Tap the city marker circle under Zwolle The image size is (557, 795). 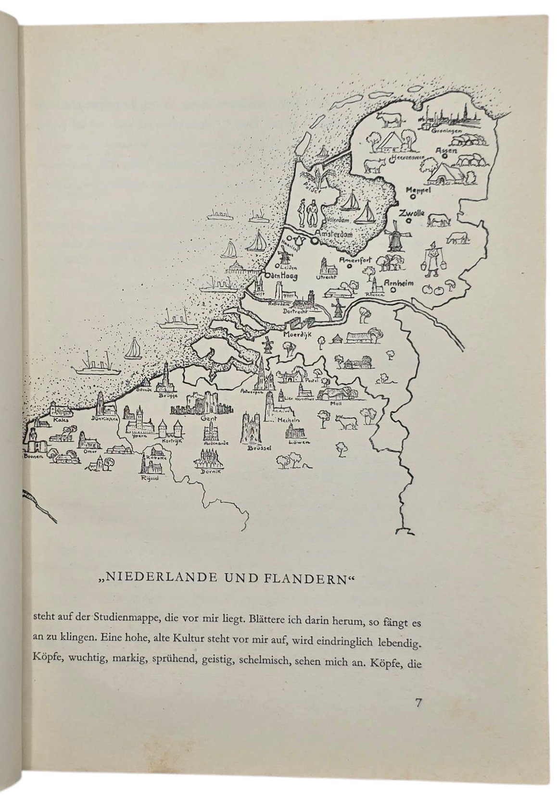coord(408,221)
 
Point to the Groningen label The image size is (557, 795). coord(446,131)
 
